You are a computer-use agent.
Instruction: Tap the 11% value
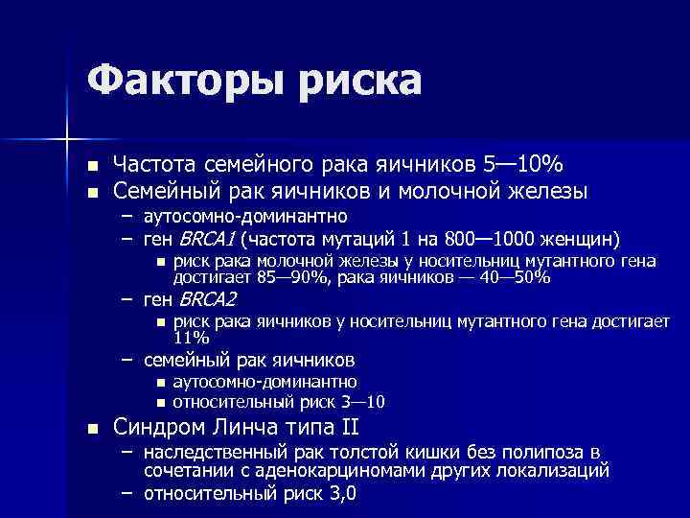191,339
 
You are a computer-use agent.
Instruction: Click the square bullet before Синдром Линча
92,428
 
